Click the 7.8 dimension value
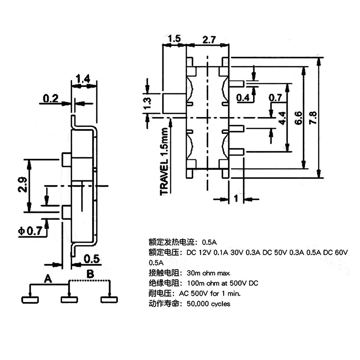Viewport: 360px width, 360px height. pyautogui.click(x=312, y=117)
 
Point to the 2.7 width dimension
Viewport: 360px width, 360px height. pyautogui.click(x=208, y=40)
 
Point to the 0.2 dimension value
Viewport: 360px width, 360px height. pyautogui.click(x=50, y=98)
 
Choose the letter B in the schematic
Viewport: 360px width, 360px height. pyautogui.click(x=90, y=274)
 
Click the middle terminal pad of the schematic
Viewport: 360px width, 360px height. pyautogui.click(x=68, y=299)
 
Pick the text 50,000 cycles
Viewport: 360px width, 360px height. pyautogui.click(x=208, y=303)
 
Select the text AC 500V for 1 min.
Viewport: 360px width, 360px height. pyautogui.click(x=214, y=293)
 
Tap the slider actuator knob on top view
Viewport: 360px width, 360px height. pyautogui.click(x=174, y=103)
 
